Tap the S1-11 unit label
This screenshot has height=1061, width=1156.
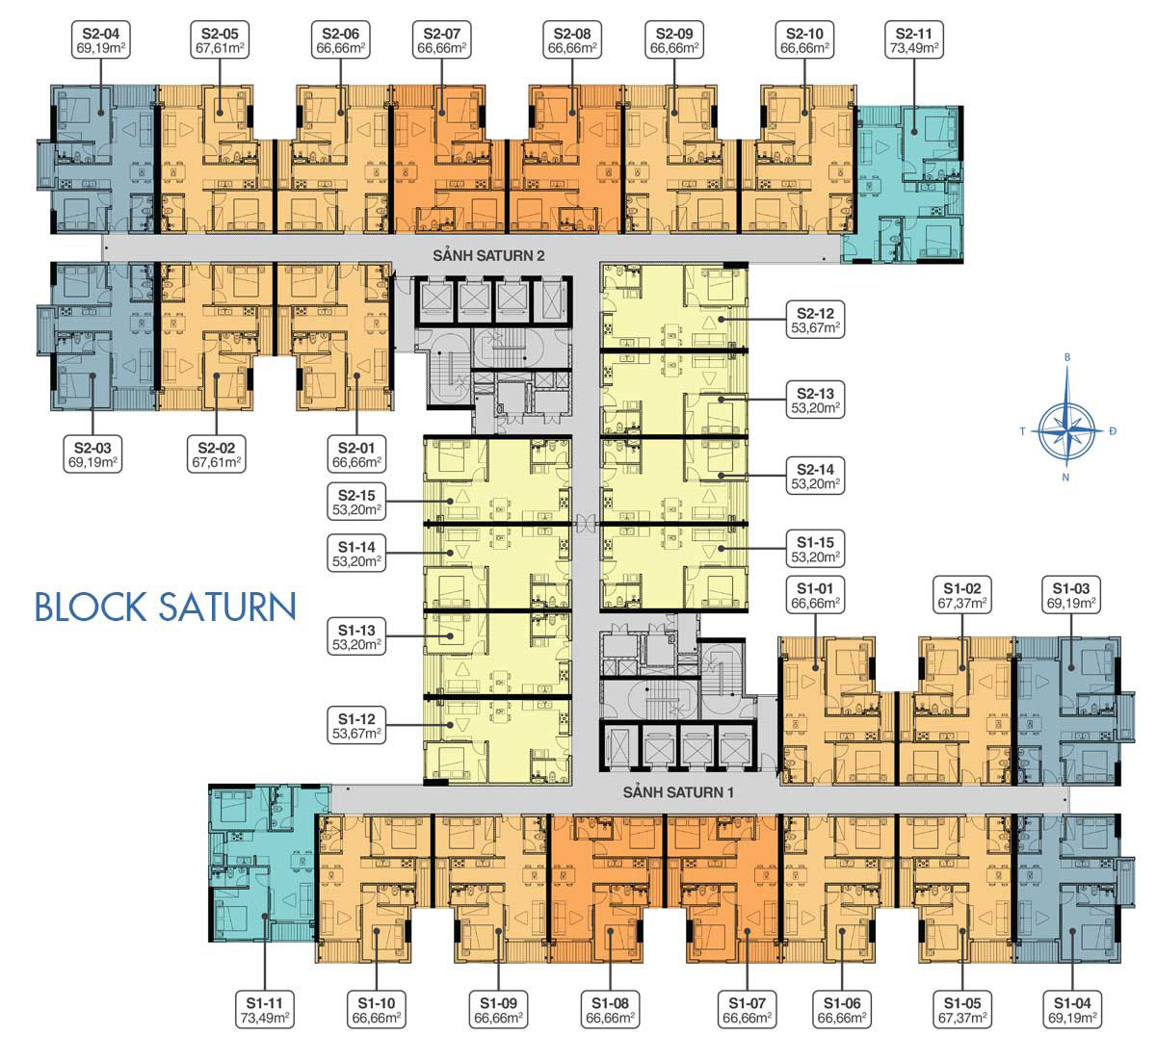pos(266,1008)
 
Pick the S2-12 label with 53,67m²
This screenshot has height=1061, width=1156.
pos(815,320)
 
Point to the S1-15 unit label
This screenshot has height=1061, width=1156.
pos(815,550)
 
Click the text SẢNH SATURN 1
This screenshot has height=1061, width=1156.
pos(678,792)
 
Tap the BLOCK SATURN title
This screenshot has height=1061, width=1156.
pos(165,608)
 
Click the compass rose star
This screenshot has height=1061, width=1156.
pos(1066,424)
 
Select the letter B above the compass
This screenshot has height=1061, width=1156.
pos(1066,357)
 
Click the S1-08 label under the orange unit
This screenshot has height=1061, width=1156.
pos(610,1008)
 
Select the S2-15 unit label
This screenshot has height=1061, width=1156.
pos(355,502)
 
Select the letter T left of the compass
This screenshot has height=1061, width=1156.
pos(1022,431)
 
